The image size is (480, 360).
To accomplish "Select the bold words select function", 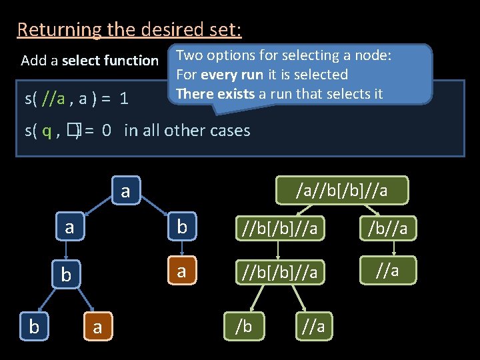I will tap(110, 61).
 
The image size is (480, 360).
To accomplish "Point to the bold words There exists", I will tap(215, 93).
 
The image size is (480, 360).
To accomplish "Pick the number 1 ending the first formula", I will tap(124, 99).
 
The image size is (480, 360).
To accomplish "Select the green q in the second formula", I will tap(47, 131).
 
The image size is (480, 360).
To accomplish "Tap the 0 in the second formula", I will tap(107, 131).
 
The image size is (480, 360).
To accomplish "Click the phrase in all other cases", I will tap(187, 131).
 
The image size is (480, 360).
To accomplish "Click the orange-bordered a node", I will tap(181, 271).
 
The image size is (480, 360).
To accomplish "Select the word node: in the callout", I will tap(370, 56).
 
